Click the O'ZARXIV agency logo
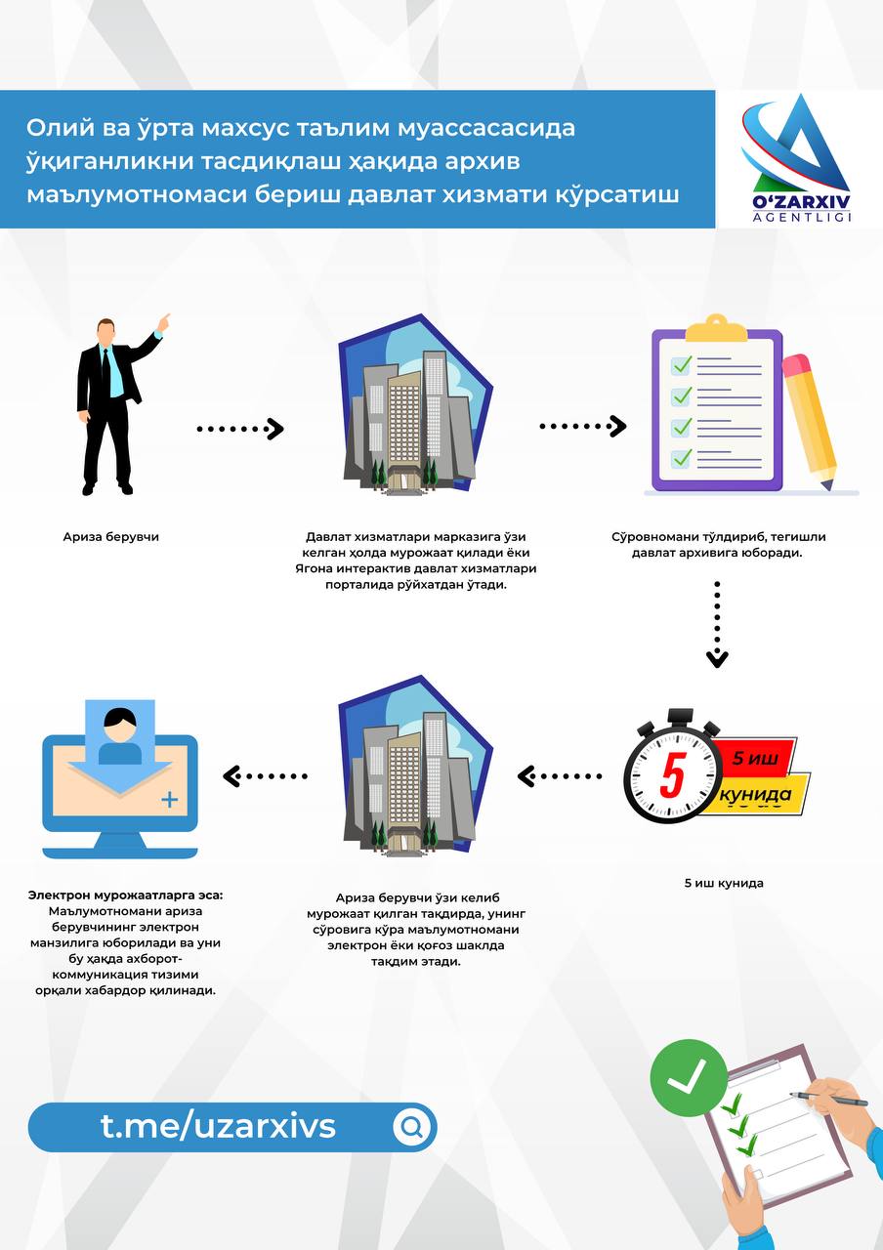pyautogui.click(x=799, y=158)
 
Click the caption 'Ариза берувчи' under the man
pyautogui.click(x=111, y=537)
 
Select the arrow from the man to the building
pyautogui.click(x=240, y=429)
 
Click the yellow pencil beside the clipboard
pyautogui.click(x=811, y=423)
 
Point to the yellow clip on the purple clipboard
pyautogui.click(x=716, y=329)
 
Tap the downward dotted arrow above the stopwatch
pyautogui.click(x=717, y=624)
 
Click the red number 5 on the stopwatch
pyautogui.click(x=672, y=775)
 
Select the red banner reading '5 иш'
pyautogui.click(x=755, y=757)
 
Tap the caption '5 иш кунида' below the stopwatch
pyautogui.click(x=724, y=883)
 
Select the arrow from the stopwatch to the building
pyautogui.click(x=560, y=775)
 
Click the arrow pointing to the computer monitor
pyautogui.click(x=265, y=775)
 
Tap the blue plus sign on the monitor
pyautogui.click(x=170, y=800)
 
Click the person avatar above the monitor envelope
pyautogui.click(x=120, y=735)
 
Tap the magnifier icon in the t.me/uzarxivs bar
pyautogui.click(x=412, y=1128)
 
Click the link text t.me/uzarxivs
pyautogui.click(x=218, y=1126)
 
